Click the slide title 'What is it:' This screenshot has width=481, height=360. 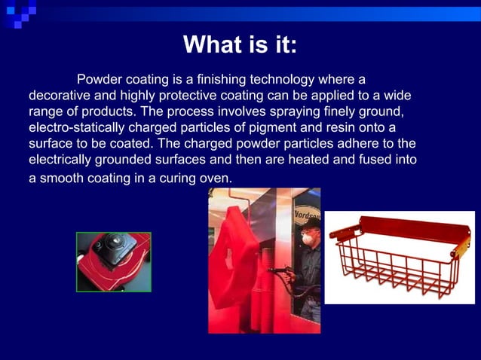click(x=240, y=45)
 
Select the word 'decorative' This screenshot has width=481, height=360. click(x=57, y=96)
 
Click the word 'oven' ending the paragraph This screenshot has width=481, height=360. click(x=217, y=178)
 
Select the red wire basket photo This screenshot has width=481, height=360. click(x=400, y=257)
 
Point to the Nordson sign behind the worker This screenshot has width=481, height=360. click(x=307, y=205)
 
